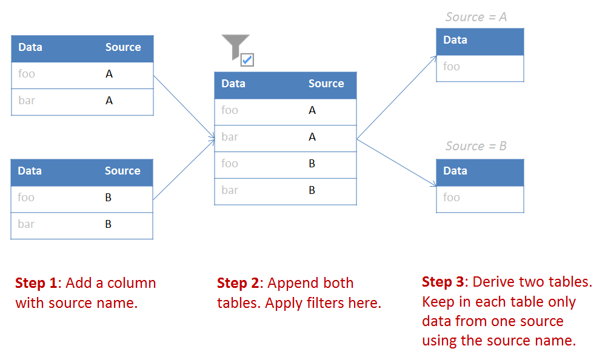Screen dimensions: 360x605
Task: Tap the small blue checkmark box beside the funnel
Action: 247,59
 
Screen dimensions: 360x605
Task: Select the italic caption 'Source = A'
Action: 476,17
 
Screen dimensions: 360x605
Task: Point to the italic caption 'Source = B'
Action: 476,146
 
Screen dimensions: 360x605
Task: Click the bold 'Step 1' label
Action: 38,283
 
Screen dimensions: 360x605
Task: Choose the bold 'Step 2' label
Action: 240,283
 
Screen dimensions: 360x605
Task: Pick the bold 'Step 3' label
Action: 445,282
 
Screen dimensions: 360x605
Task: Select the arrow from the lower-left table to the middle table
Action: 184,169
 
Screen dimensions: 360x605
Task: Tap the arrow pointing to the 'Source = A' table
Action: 397,97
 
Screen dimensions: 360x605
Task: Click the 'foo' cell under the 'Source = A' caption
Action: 452,67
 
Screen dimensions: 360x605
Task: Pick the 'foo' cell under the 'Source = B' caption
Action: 452,198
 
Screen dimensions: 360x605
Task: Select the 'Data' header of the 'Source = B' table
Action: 455,171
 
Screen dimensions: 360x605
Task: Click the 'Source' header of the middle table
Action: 326,84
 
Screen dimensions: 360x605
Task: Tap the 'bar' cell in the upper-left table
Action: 27,101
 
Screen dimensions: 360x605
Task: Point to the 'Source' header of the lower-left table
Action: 122,171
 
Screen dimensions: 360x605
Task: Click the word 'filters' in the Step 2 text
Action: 323,303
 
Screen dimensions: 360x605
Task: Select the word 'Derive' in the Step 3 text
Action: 493,282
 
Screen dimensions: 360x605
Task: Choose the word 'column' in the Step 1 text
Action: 133,283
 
